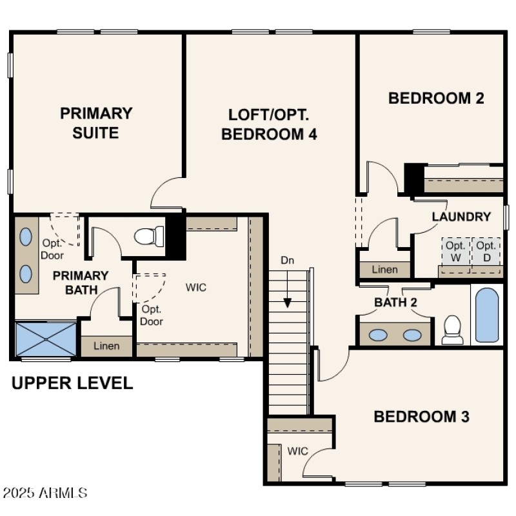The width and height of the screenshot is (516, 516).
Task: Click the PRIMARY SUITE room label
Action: point(96,123)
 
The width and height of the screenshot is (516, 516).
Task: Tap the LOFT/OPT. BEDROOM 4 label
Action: point(269,124)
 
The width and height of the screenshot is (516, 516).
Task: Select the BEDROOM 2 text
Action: point(436,98)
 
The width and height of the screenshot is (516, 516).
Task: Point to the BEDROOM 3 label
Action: point(422,417)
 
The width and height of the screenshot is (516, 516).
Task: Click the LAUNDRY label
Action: point(461,217)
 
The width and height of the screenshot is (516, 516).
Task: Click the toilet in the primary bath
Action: point(149,237)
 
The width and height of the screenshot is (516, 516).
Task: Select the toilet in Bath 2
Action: point(453,330)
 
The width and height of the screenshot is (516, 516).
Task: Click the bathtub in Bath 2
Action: point(487,315)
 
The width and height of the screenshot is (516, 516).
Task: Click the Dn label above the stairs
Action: point(288,261)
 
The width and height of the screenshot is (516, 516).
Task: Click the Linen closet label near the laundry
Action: point(384,270)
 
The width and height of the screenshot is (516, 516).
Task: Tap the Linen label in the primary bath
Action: point(106,346)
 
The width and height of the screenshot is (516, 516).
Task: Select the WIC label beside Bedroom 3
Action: point(297,450)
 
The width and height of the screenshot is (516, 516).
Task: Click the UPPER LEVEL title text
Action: point(72,383)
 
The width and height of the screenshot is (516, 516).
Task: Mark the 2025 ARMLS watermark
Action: point(45,493)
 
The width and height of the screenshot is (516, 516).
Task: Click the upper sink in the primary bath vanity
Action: point(26,237)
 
